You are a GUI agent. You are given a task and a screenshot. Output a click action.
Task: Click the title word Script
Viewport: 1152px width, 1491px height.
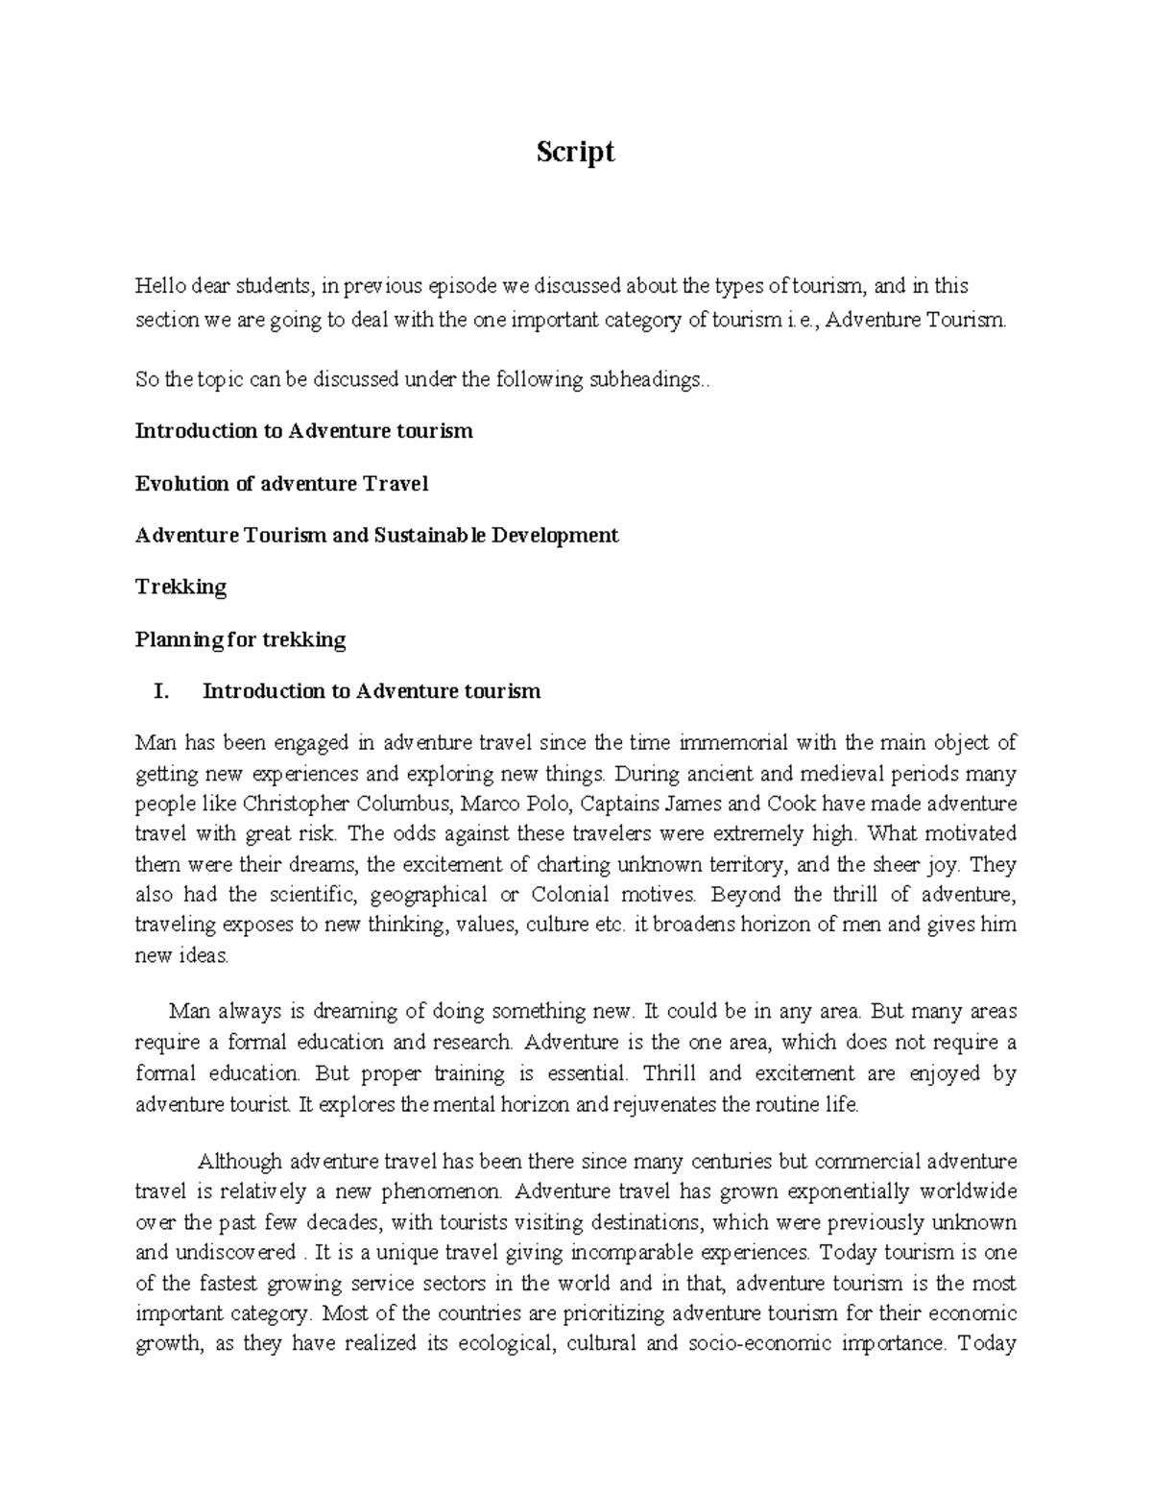(575, 153)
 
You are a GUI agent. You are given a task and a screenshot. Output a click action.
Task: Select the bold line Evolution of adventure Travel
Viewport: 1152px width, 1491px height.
(281, 484)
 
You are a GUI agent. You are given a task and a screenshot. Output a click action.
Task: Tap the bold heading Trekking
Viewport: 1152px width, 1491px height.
(181, 588)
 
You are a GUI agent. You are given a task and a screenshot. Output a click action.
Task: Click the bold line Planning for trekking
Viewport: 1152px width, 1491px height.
(240, 639)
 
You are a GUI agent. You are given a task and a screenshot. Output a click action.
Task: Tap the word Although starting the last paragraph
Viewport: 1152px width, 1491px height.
(240, 1162)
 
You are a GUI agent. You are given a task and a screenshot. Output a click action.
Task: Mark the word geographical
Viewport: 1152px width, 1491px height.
(428, 895)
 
